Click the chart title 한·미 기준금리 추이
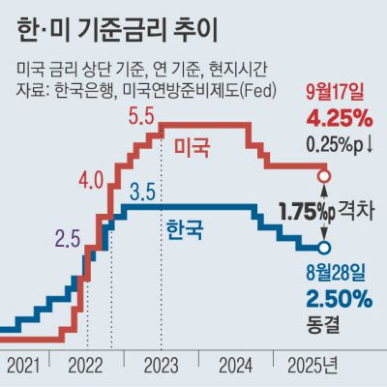tap(124, 30)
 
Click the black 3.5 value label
tap(143, 190)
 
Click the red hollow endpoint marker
tap(323, 176)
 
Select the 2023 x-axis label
tap(160, 367)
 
